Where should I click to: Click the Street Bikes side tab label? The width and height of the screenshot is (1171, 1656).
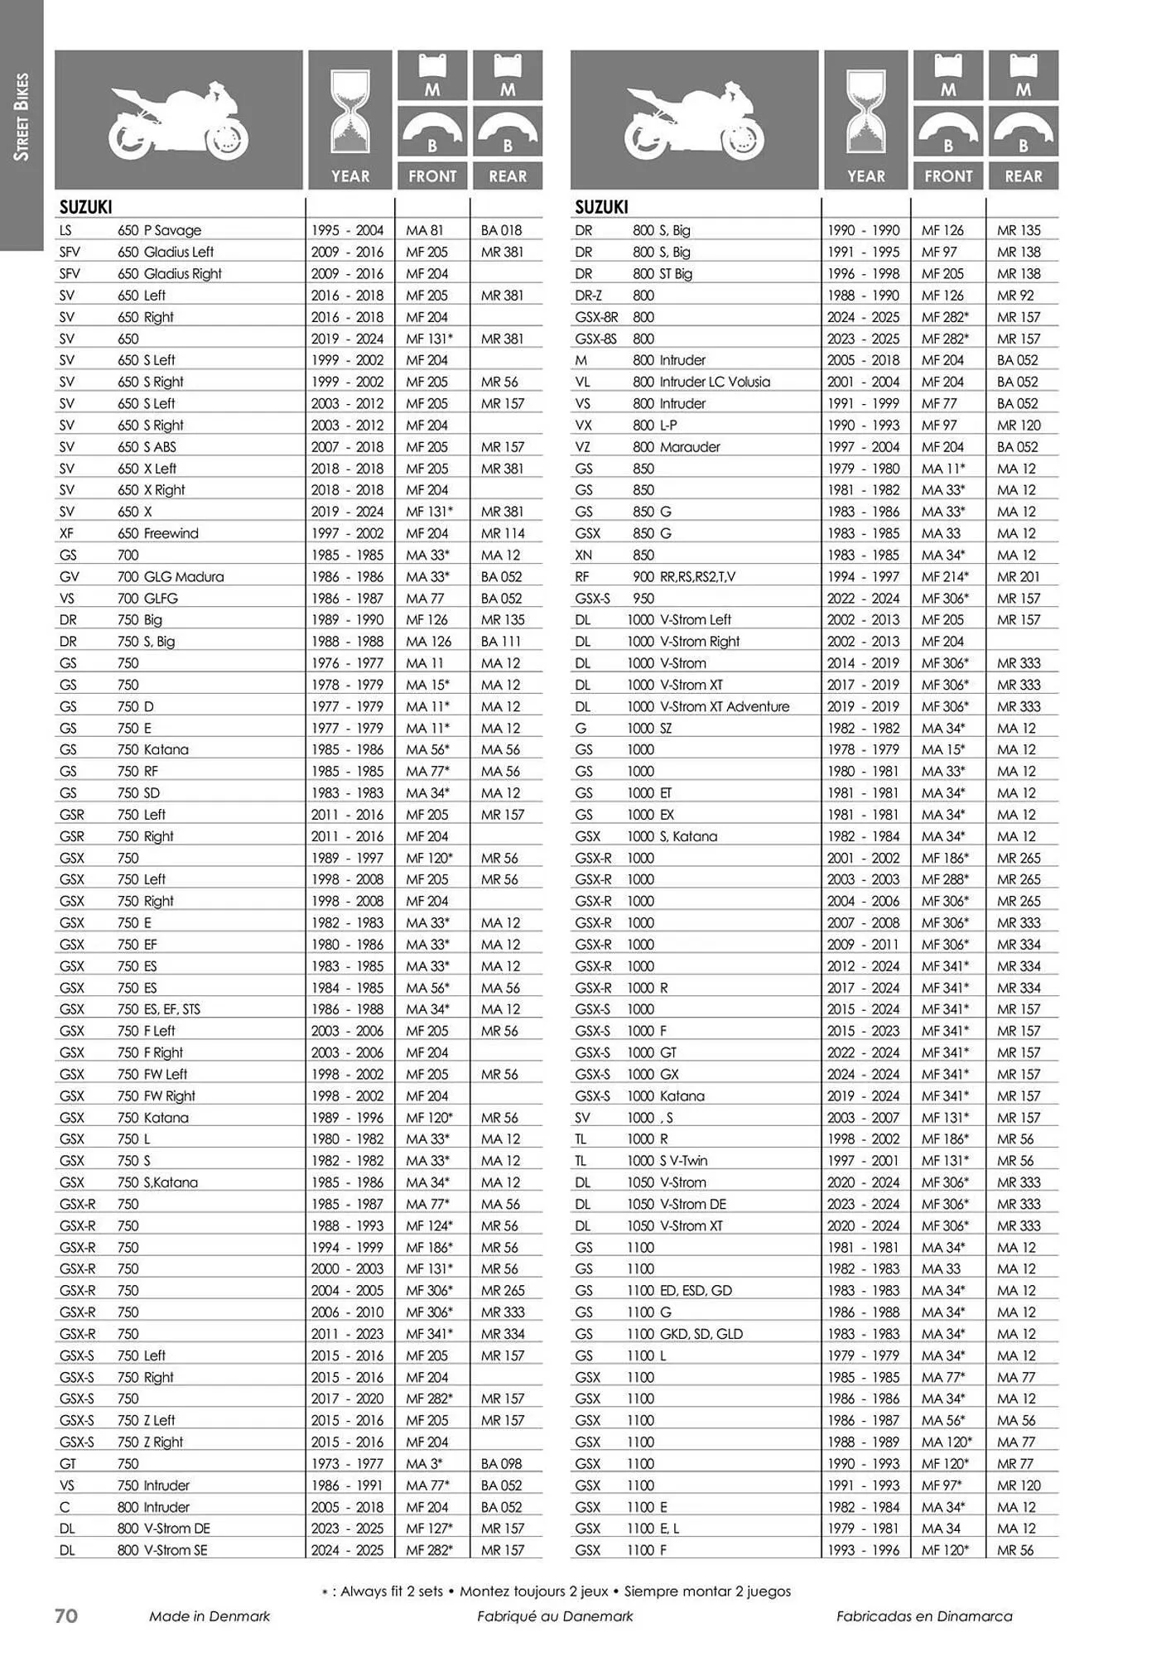[22, 117]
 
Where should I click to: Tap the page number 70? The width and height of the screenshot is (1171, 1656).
[66, 1615]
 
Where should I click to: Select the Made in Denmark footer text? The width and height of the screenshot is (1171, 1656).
[210, 1616]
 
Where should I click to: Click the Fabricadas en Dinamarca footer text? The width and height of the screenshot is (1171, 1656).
[924, 1616]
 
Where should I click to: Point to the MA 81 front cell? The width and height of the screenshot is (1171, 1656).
[424, 230]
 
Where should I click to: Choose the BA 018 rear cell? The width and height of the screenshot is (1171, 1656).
[501, 230]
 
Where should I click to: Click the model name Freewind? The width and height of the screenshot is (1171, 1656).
[171, 533]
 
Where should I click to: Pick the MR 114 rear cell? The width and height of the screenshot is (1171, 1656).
[503, 533]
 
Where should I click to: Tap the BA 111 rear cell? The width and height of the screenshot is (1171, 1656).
[501, 641]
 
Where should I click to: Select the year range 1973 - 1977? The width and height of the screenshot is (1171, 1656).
[347, 1463]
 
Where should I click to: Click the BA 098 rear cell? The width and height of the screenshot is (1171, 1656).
[501, 1463]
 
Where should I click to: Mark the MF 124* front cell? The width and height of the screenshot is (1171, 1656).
[429, 1225]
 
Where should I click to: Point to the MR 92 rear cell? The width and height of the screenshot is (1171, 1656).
[1015, 295]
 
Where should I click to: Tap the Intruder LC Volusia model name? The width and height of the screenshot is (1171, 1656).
[715, 382]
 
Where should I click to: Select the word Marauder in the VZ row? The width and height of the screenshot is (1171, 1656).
[690, 446]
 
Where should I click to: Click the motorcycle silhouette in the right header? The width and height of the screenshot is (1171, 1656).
[694, 120]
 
